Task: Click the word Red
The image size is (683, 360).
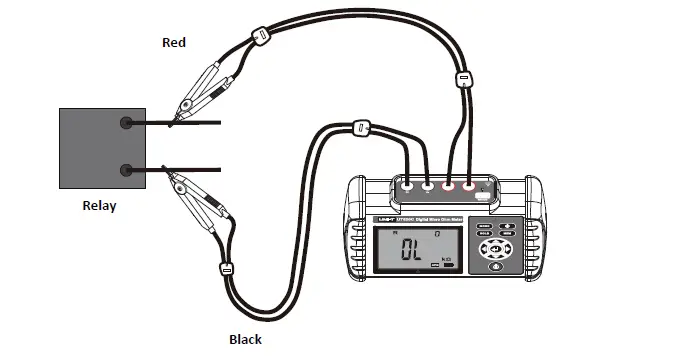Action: point(175,42)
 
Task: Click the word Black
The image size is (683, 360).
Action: point(245,339)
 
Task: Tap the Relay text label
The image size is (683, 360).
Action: point(99,207)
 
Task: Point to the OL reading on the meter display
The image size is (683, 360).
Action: point(409,251)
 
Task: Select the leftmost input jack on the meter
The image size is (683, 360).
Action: point(407,185)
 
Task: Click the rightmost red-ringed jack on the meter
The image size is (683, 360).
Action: point(468,185)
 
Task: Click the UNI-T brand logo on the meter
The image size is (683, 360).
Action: point(385,218)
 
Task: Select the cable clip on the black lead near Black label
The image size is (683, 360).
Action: point(227,268)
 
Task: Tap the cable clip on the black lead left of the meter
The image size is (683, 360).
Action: point(360,127)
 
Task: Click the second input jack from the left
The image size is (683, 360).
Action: point(428,185)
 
